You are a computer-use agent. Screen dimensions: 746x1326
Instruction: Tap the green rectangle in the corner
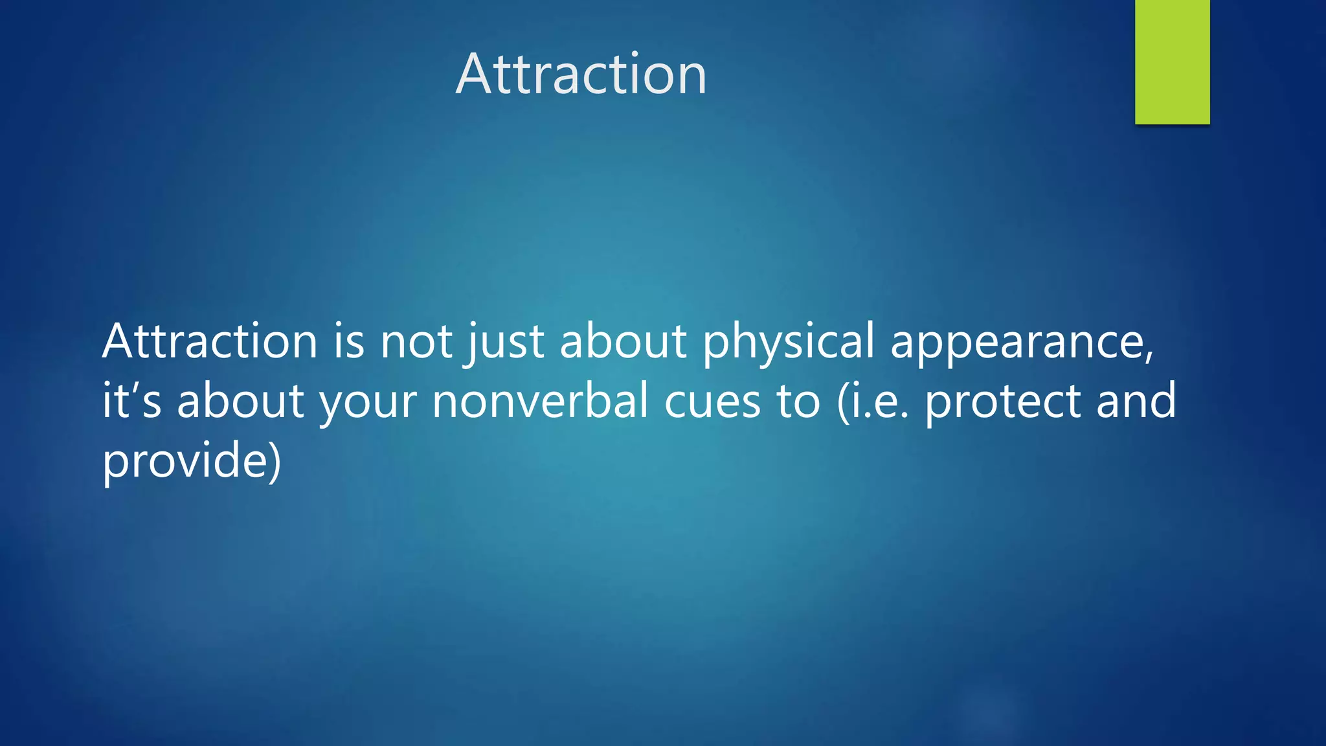pyautogui.click(x=1172, y=62)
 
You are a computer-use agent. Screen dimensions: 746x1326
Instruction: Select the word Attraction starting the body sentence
pyautogui.click(x=210, y=341)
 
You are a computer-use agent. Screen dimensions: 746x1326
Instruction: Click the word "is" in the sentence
pyautogui.click(x=348, y=341)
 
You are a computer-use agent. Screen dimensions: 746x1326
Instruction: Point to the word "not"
pyautogui.click(x=416, y=342)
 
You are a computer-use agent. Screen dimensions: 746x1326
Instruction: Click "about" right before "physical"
pyautogui.click(x=623, y=341)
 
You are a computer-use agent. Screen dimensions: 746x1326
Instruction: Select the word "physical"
pyautogui.click(x=788, y=342)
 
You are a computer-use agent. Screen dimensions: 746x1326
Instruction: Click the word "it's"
pyautogui.click(x=131, y=400)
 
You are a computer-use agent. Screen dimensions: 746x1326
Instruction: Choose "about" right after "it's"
pyautogui.click(x=240, y=400)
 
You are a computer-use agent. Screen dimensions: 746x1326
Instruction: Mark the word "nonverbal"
pyautogui.click(x=540, y=400)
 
